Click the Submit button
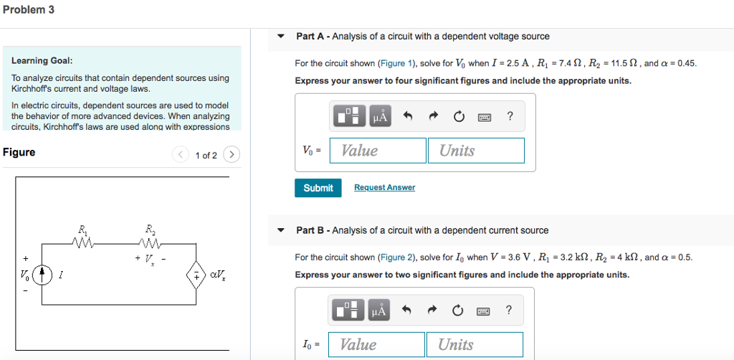[x=318, y=188]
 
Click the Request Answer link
[x=384, y=188]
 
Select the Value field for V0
[x=378, y=151]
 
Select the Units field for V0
[x=476, y=151]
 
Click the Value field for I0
[x=376, y=345]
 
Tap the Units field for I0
[x=475, y=345]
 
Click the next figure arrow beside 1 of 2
[x=231, y=155]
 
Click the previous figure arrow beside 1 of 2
[x=181, y=155]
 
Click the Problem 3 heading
[x=28, y=10]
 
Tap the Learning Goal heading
[x=42, y=61]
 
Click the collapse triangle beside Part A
[x=282, y=37]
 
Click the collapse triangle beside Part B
[x=282, y=231]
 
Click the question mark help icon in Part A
[x=510, y=116]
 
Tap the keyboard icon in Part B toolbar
[x=485, y=311]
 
